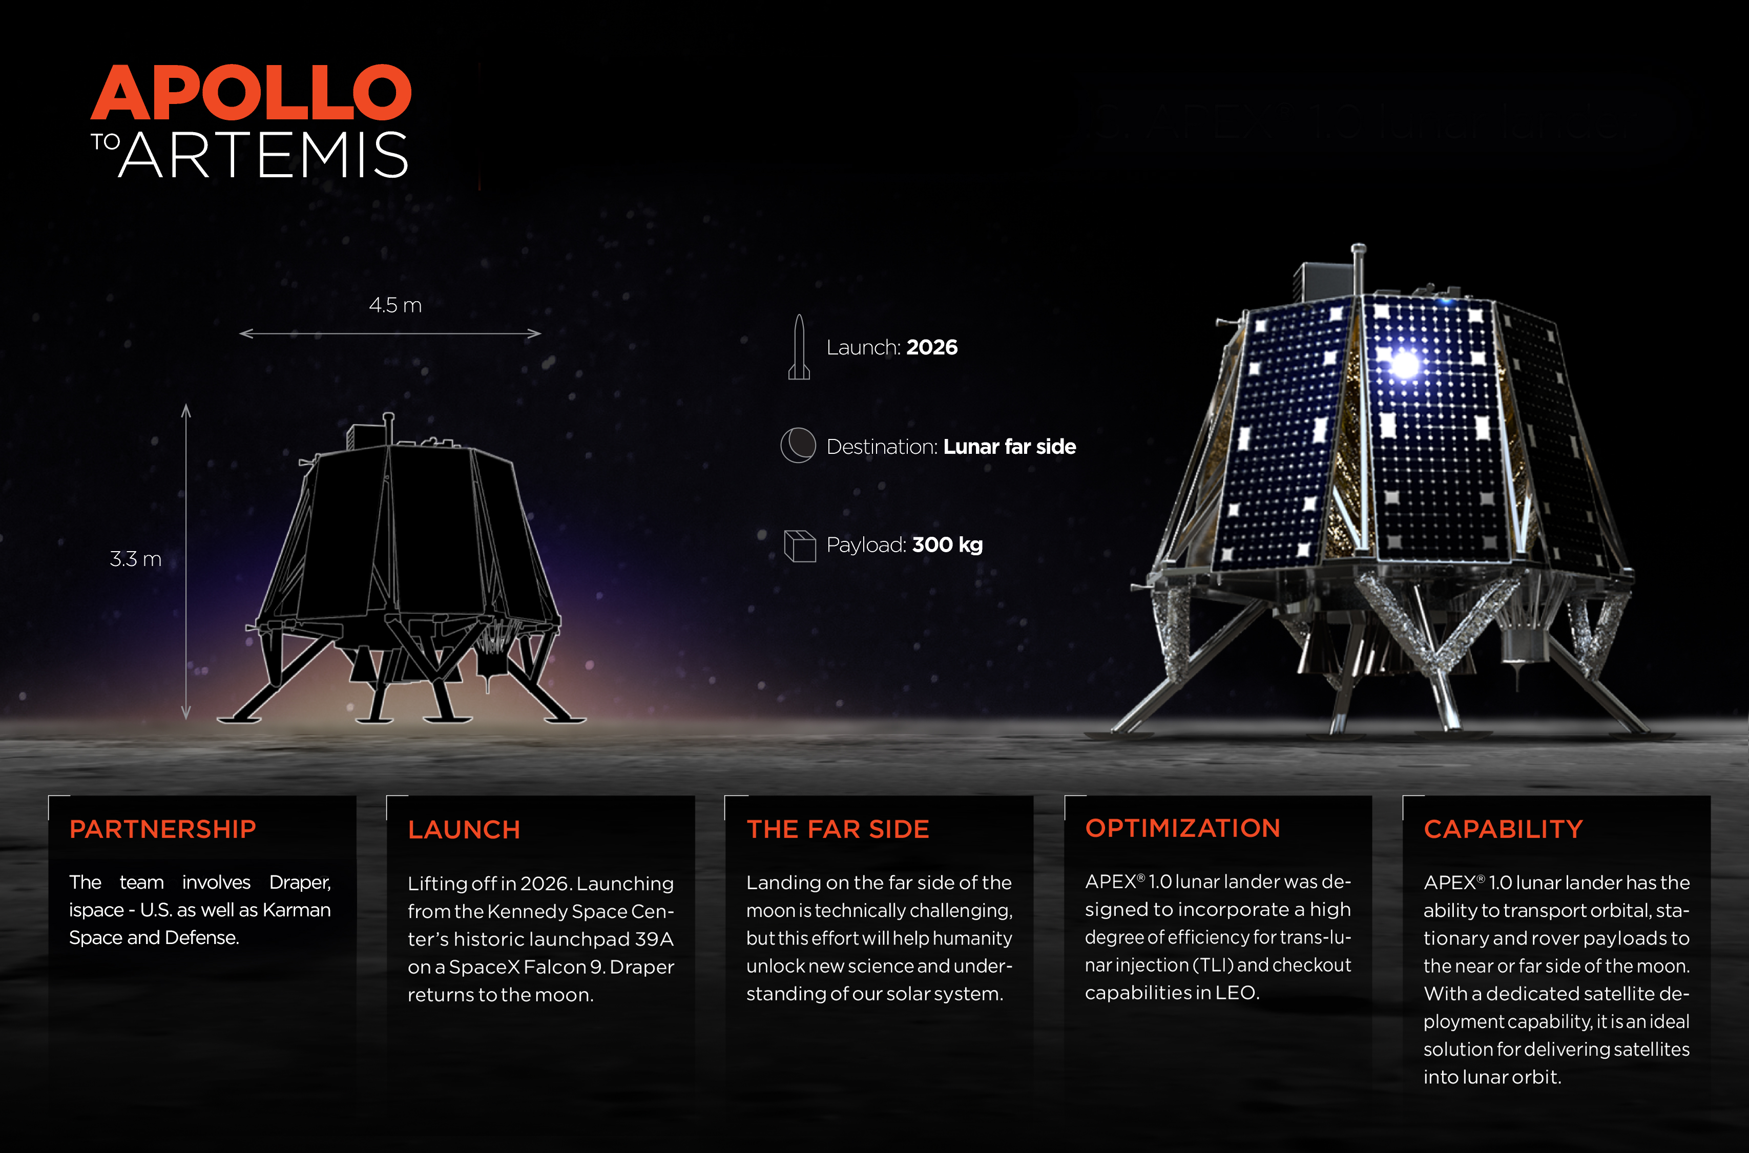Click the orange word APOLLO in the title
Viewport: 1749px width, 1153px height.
(x=251, y=93)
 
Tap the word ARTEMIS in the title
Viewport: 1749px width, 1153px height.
(x=263, y=155)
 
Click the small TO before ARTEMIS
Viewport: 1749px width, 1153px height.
(x=105, y=142)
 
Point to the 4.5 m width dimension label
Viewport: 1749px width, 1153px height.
(x=395, y=305)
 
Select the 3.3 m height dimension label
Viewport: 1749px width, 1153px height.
(x=135, y=559)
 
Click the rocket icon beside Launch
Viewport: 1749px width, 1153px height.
(x=799, y=348)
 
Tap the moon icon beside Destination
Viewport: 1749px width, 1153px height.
(x=798, y=446)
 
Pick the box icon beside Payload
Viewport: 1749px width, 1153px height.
(x=800, y=546)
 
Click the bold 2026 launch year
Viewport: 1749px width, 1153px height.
(x=932, y=347)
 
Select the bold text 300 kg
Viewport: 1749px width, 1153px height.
(x=947, y=545)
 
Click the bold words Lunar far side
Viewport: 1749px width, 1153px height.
(x=1009, y=446)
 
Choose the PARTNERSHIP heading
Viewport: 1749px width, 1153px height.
(x=162, y=829)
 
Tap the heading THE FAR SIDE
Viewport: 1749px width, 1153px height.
(x=838, y=829)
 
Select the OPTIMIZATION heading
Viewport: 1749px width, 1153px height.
(x=1183, y=828)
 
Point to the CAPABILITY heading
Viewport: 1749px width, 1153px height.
(x=1503, y=829)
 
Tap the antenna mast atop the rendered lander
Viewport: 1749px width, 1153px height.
(x=1359, y=268)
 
